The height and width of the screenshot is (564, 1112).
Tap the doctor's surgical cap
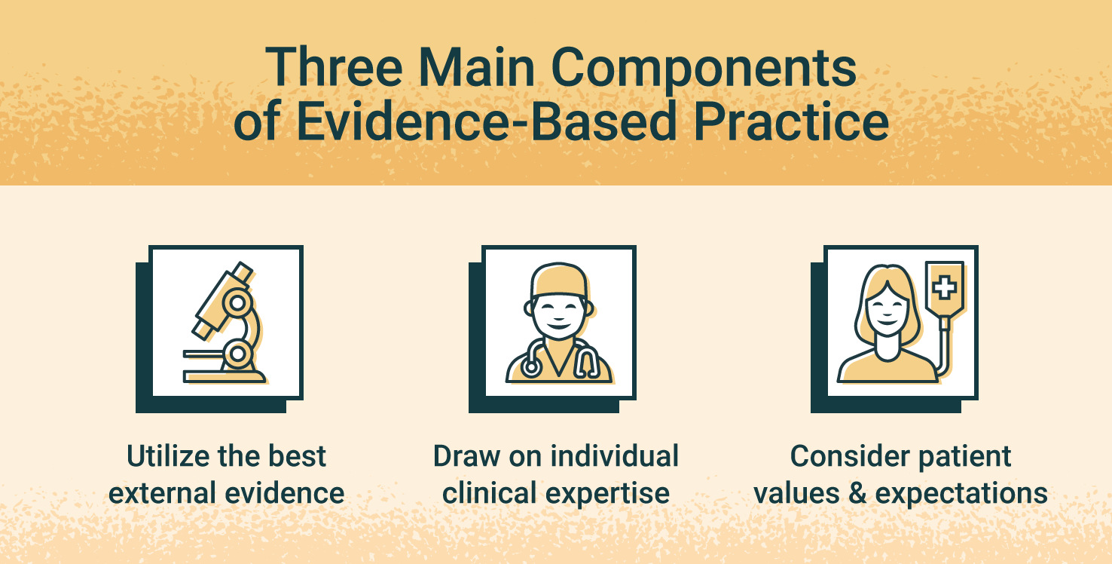tap(558, 281)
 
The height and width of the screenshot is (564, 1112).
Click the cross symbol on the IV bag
tap(944, 287)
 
